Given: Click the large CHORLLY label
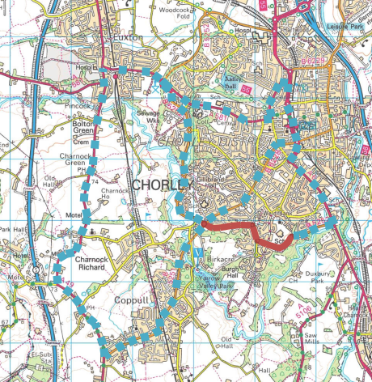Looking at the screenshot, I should [162, 186].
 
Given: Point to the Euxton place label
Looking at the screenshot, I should [128, 37].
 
